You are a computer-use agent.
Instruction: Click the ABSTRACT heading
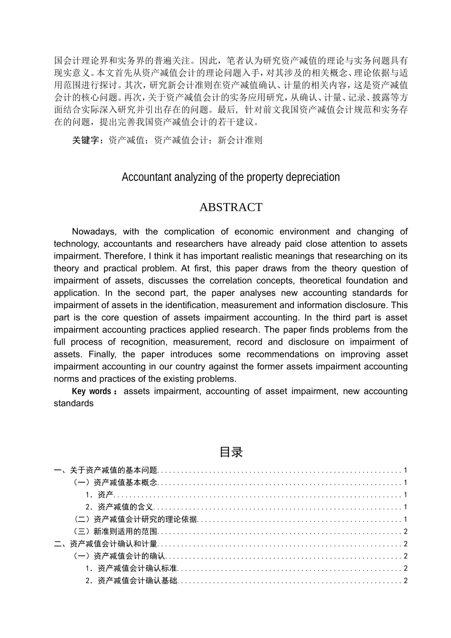pos(231,207)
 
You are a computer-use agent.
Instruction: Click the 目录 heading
pos(231,452)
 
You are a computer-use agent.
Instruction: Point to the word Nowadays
pos(94,232)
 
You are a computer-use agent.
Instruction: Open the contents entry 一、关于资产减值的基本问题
pos(105,470)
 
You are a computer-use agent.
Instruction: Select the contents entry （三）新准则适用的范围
pos(115,532)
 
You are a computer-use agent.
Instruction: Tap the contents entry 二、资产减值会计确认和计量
pos(105,544)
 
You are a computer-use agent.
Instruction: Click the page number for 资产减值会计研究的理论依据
pos(405,519)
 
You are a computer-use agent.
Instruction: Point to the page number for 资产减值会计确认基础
pos(405,581)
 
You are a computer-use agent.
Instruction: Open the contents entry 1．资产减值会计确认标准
pos(131,568)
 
